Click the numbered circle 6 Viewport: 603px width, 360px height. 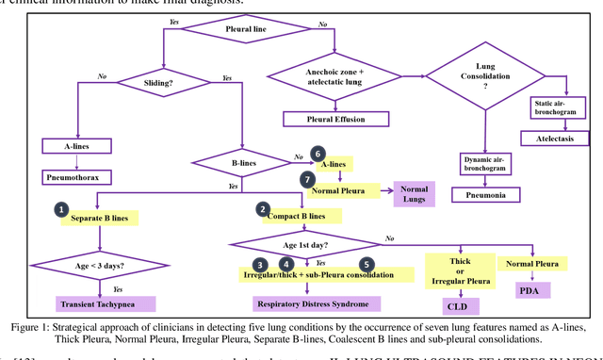[x=318, y=154]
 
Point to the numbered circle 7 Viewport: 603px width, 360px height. [x=307, y=179]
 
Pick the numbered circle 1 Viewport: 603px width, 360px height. [x=61, y=208]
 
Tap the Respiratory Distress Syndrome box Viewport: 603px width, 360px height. [x=319, y=303]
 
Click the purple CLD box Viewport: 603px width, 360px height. [x=456, y=305]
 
